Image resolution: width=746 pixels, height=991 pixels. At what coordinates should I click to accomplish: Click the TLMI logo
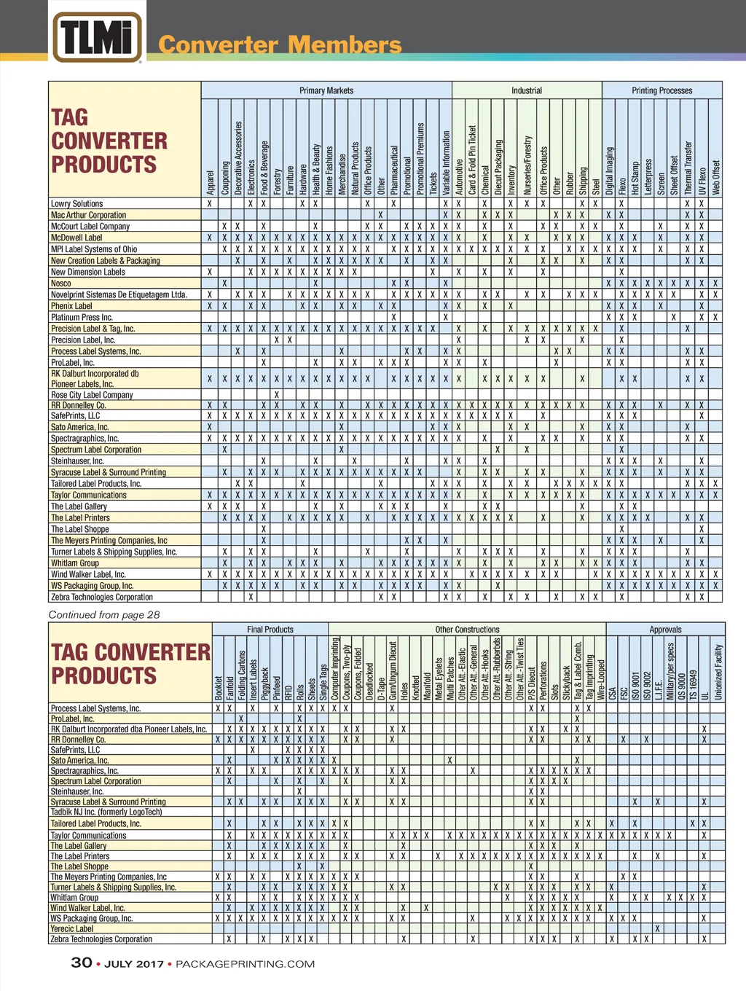coord(97,36)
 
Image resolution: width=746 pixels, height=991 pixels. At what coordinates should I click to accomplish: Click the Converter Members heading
coord(280,45)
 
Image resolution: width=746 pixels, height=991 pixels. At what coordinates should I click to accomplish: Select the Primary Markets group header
coord(326,90)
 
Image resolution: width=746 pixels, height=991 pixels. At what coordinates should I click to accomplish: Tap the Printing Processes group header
coord(661,90)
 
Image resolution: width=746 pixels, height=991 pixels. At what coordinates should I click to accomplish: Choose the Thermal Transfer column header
coord(688,168)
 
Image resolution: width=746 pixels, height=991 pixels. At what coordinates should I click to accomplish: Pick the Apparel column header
coord(210,182)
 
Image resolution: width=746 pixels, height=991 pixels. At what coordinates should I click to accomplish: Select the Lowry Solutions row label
coord(76,204)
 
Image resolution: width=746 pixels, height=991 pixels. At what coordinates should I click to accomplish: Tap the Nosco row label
coord(61,283)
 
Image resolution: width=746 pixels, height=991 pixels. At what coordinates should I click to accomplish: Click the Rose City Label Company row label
coord(92,395)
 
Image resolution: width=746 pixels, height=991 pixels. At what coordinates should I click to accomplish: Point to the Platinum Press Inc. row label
coord(82,318)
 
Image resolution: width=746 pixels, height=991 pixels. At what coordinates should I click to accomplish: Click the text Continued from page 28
coord(104,615)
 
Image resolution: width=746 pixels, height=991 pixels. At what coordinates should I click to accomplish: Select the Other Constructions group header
coord(467,630)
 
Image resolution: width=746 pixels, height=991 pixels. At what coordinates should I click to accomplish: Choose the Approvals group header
coord(665,630)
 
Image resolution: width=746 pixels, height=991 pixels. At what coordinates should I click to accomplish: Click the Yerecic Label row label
coord(72,929)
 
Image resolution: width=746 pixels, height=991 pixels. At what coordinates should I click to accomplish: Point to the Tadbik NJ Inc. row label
coord(106,812)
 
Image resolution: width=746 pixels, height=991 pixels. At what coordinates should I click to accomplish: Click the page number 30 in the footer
coord(82,963)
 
